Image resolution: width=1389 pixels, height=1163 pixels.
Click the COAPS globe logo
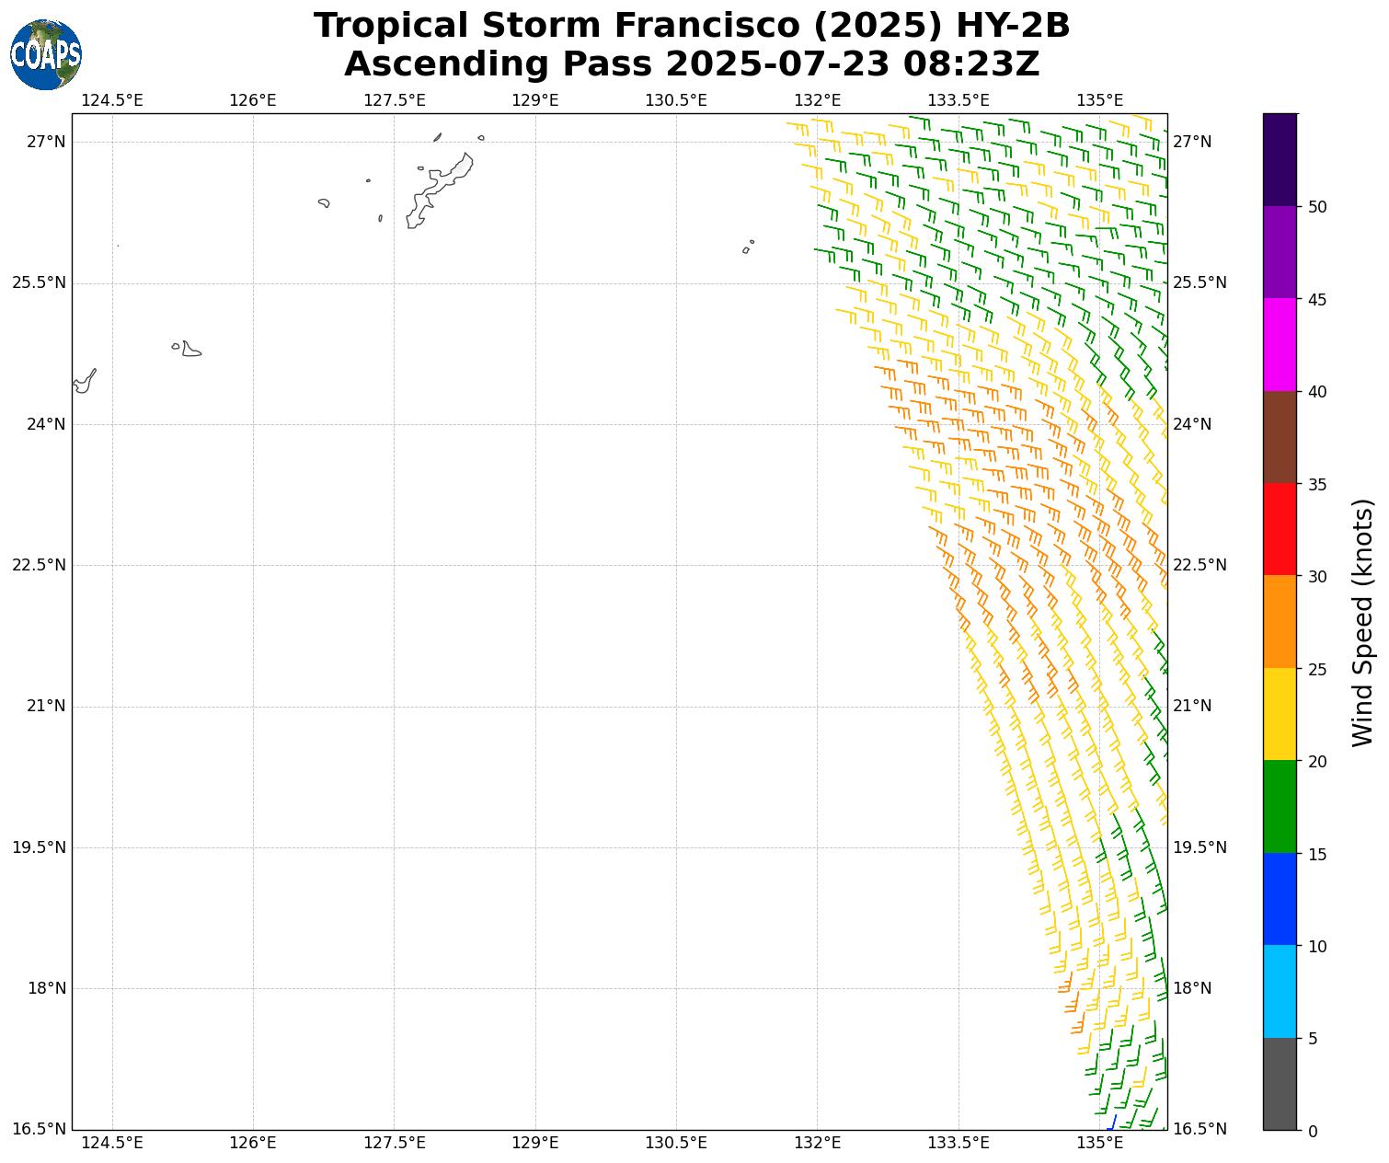pos(46,55)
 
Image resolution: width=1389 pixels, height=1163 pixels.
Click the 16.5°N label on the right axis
pos(1200,1129)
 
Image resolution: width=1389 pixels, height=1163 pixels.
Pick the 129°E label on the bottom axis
pos(535,1144)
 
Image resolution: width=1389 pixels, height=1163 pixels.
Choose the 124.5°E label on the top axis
pos(112,99)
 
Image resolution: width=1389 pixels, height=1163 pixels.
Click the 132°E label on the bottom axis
pos(818,1144)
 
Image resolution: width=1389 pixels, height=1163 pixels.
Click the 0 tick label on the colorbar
pos(1313,1131)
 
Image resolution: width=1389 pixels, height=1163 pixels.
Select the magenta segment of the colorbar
pos(1280,345)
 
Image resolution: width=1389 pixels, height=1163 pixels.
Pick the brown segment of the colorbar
pos(1280,437)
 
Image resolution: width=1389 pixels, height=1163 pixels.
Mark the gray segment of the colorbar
pos(1280,1084)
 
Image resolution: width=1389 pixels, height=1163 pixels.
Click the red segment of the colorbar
pos(1280,529)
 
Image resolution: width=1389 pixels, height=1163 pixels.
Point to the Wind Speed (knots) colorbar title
pos(1362,622)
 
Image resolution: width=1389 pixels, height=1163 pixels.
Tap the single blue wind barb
pos(1113,1123)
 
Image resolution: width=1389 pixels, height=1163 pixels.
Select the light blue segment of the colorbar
pos(1280,991)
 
